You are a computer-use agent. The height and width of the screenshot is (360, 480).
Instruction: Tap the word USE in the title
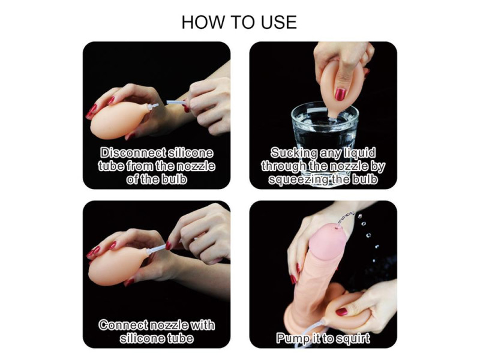coord(278,22)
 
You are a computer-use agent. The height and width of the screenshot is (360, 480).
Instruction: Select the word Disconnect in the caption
coord(133,152)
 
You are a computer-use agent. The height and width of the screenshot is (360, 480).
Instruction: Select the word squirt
coord(353,338)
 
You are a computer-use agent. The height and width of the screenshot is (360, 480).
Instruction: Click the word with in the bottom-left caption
coord(202,325)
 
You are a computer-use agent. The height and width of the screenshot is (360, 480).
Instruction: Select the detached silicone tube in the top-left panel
coord(176,102)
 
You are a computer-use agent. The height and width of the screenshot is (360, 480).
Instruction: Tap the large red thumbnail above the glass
coord(340,94)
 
